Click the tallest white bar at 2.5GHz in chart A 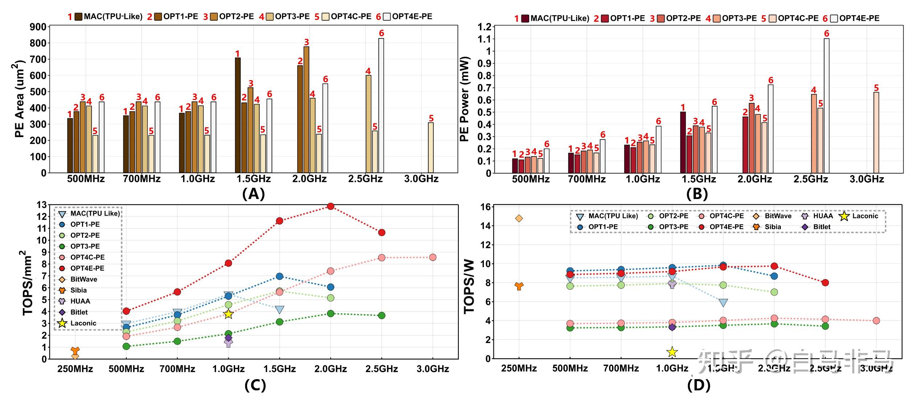(x=381, y=105)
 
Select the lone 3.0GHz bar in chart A (x=431, y=148)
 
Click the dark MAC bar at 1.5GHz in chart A (x=238, y=115)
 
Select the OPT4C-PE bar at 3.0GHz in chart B (x=876, y=132)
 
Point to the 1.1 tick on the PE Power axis (x=484, y=39)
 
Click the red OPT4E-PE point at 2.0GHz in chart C (x=330, y=206)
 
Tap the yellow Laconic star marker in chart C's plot (x=228, y=314)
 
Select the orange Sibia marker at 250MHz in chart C (x=75, y=351)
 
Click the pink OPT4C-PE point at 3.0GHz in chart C (x=433, y=257)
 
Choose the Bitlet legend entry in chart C (x=79, y=312)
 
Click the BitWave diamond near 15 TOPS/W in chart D (x=519, y=218)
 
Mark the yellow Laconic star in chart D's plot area (x=672, y=352)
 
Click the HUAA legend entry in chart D (x=823, y=216)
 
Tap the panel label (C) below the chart (x=255, y=385)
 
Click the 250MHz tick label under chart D (x=519, y=369)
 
